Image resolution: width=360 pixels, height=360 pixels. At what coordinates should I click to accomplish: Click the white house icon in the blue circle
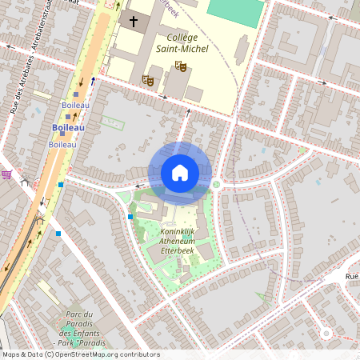pos(180,173)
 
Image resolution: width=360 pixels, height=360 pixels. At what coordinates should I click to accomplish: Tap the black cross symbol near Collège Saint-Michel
pos(134,21)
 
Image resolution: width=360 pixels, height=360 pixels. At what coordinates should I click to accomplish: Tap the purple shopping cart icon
pos(6,174)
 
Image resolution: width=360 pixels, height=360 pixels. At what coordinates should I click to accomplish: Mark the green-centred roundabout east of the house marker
pos(216,184)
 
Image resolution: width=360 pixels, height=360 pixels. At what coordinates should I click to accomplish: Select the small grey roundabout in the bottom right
pos(326,333)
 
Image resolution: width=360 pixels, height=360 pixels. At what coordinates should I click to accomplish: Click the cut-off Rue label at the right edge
pos(351,276)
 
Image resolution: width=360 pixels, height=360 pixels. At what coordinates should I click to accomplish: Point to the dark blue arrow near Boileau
pos(93,81)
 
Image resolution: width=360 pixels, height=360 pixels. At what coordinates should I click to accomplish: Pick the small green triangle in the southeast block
pos(261,297)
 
